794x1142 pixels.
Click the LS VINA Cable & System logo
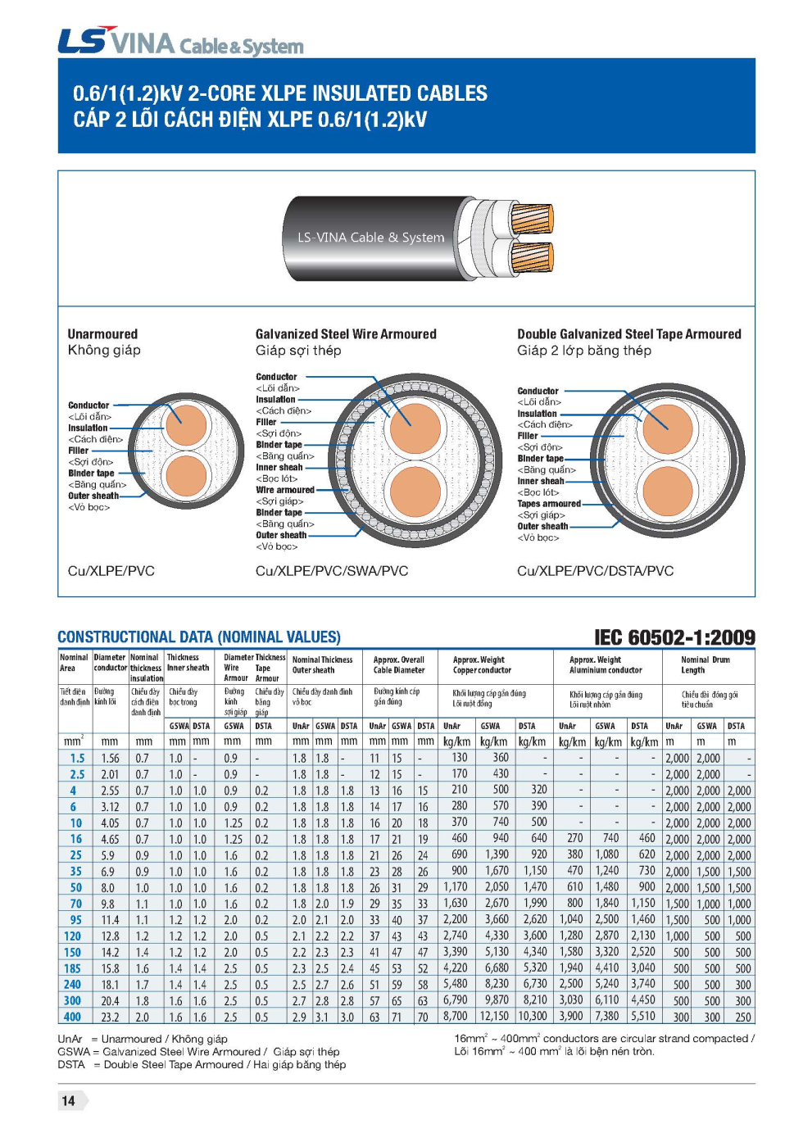180,41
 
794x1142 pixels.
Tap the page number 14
69,1101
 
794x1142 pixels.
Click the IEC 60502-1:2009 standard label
674,637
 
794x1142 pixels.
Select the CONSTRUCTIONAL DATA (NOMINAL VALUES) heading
199,637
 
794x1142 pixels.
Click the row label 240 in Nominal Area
72,985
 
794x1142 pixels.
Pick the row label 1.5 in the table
77,759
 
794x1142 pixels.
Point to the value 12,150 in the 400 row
494,1017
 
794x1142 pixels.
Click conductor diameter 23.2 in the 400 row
110,1017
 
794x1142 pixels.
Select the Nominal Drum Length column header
705,664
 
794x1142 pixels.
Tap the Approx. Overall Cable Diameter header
399,664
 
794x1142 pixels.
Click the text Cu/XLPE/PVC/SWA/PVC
332,571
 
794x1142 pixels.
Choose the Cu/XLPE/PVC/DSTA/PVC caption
595,571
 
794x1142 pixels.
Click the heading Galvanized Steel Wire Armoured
346,334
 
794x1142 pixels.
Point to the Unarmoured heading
102,334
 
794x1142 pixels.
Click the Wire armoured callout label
284,490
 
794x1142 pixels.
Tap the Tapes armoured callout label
548,504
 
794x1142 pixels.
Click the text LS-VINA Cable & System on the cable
370,238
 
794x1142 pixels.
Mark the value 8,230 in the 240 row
497,985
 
